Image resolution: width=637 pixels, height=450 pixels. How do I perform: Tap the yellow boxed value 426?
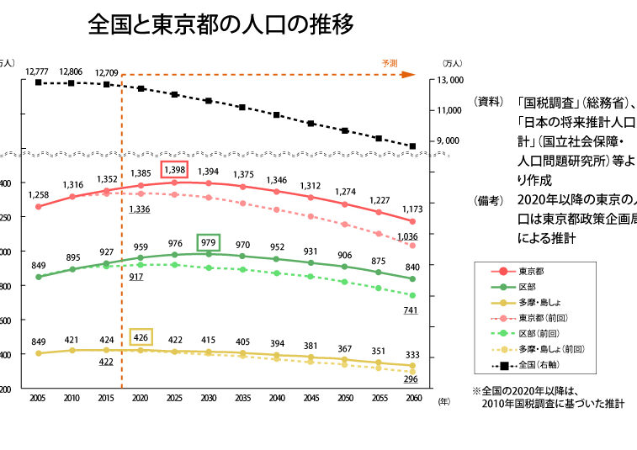tap(141, 338)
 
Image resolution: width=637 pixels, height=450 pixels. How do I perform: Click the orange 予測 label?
tap(390, 63)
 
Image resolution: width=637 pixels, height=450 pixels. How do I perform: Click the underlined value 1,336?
tap(140, 209)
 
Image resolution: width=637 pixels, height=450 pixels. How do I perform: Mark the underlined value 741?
tap(411, 310)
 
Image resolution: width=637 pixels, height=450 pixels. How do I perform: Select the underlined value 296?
tap(411, 379)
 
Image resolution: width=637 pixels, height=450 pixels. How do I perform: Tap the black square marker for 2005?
tap(38, 82)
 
